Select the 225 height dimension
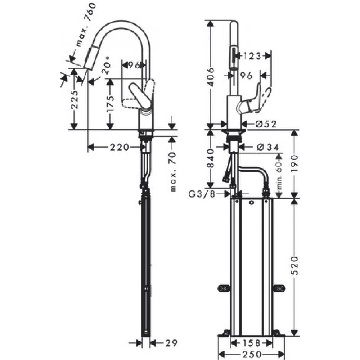click(x=74, y=99)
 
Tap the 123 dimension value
click(x=252, y=56)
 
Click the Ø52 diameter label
click(x=265, y=124)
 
